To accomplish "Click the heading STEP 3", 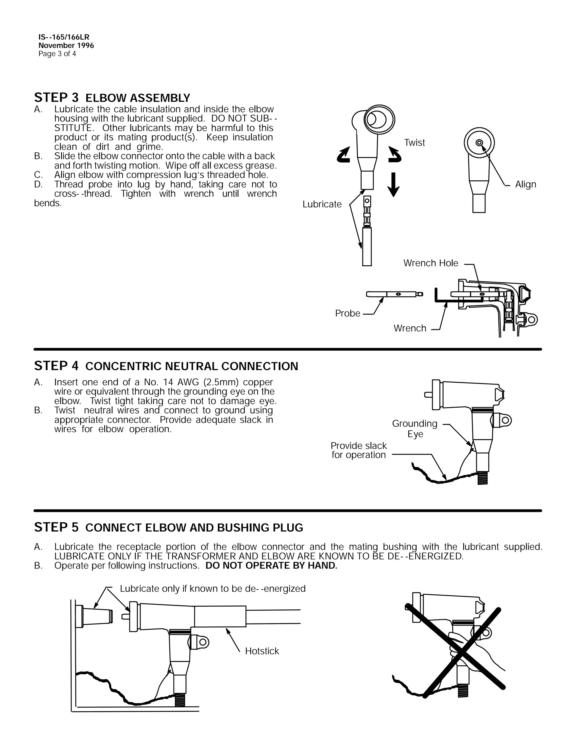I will [x=56, y=98].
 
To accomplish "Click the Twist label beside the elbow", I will [x=414, y=142].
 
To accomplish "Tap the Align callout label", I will [x=525, y=184].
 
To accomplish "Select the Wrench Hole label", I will [x=431, y=263].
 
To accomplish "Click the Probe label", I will [x=348, y=313].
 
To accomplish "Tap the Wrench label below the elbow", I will [x=410, y=328].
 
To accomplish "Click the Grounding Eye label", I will [x=415, y=428].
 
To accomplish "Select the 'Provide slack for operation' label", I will [x=359, y=450].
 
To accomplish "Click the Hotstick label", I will [x=262, y=651].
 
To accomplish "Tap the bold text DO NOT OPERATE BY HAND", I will [x=271, y=566].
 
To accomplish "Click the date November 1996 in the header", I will [x=66, y=45].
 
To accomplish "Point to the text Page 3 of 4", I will [x=57, y=54].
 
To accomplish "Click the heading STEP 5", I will [x=56, y=527].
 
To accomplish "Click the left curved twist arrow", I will [x=344, y=155].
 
